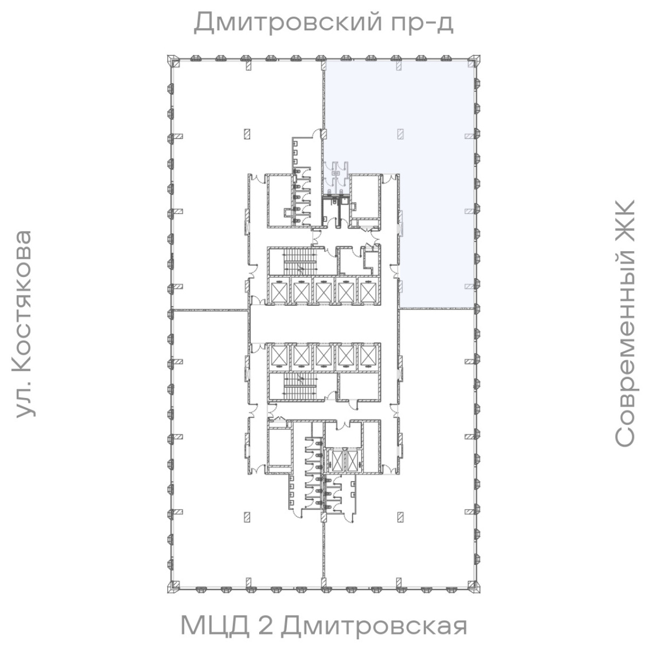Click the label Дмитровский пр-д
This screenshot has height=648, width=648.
323,23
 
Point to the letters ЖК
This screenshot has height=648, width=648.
625,220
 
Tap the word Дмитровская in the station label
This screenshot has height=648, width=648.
374,625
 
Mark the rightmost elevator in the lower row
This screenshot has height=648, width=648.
367,356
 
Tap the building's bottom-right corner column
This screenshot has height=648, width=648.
475,588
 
